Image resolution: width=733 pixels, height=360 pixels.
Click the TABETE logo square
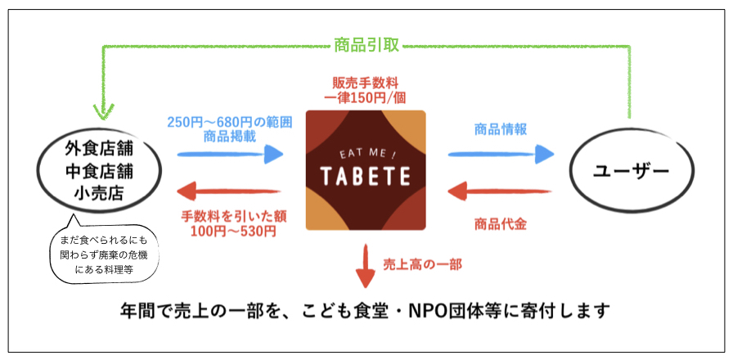tap(366, 170)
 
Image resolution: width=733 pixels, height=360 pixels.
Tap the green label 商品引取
tap(366, 45)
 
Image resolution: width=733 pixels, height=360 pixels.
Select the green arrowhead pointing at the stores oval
tap(104, 111)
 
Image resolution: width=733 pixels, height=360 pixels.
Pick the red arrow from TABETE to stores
tap(229, 191)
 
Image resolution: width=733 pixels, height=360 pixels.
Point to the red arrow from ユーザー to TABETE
tap(500, 191)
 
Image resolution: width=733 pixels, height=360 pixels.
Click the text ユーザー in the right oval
tap(631, 171)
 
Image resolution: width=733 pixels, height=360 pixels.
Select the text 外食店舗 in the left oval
tap(98, 150)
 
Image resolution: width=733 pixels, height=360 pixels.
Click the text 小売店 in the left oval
tap(98, 193)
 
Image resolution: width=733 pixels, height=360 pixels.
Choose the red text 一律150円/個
tap(366, 99)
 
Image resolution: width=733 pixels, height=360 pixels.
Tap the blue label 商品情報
tap(501, 129)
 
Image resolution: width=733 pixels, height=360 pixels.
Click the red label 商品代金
tap(501, 224)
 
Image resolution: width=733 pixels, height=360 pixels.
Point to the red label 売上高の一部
tap(423, 265)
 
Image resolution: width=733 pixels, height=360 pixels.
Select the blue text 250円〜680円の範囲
tap(230, 123)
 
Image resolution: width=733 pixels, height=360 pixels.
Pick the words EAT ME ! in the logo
tap(366, 153)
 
